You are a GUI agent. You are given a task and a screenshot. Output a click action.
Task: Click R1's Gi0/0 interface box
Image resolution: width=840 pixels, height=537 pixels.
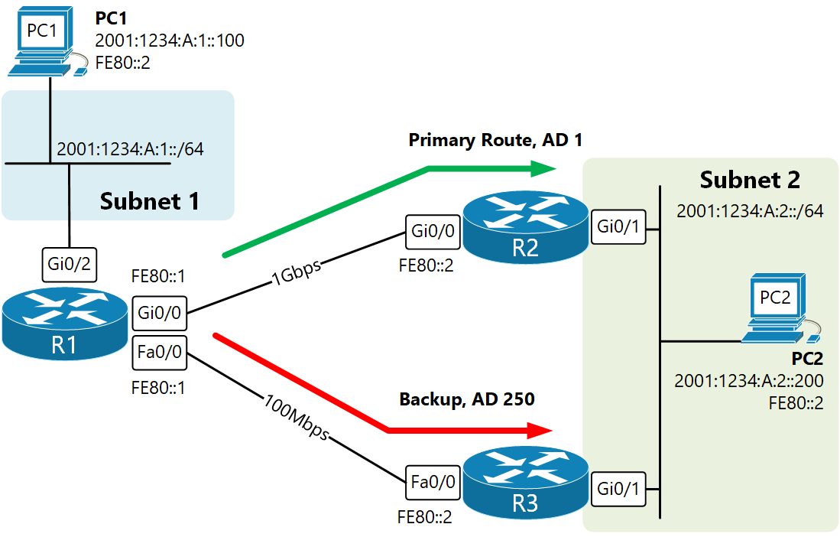(158, 313)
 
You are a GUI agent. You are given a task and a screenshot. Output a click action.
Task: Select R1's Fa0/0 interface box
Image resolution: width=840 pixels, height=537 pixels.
(158, 352)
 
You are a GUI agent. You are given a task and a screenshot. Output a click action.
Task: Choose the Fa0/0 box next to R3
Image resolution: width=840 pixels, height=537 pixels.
(433, 482)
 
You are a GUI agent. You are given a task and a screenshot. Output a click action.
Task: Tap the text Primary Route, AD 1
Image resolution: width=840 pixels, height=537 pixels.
(496, 140)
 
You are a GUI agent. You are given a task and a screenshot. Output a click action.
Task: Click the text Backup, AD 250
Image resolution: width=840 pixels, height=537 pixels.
(466, 399)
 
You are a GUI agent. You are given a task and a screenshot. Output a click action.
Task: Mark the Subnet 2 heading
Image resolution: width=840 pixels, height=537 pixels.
(750, 180)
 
